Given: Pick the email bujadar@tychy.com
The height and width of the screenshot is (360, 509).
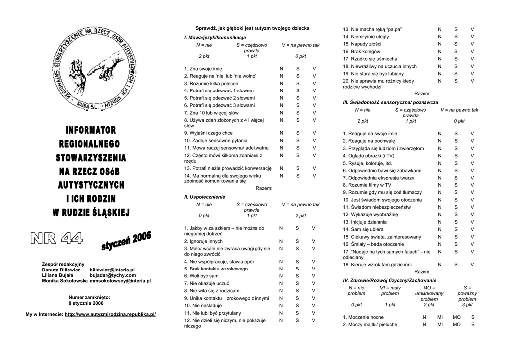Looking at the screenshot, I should click(x=112, y=275).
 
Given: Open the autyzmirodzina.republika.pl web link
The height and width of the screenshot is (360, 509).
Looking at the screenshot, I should click(x=110, y=315).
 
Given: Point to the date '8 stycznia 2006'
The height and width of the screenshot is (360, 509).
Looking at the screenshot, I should click(x=86, y=303).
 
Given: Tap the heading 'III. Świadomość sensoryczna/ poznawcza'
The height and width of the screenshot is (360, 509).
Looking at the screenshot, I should click(x=391, y=102).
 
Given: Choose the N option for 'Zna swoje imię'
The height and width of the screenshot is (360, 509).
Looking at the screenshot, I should click(x=281, y=68).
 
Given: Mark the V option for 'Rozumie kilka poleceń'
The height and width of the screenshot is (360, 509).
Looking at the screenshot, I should click(x=314, y=83).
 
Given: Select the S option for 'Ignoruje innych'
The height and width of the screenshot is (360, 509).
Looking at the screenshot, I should click(x=298, y=241).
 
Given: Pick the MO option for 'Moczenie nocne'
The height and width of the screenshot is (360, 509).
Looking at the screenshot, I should click(x=456, y=317).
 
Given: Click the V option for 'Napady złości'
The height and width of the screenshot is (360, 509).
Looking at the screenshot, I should click(x=472, y=44).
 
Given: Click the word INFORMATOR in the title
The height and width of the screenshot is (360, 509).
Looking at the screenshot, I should click(x=91, y=131).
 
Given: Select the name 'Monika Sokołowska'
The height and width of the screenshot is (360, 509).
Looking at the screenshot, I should click(x=65, y=281).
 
